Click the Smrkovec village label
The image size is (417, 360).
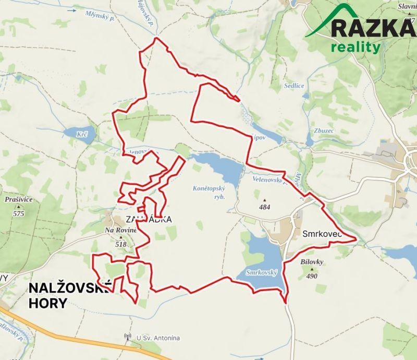[x=321, y=235]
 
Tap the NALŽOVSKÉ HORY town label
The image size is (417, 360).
[x=68, y=295]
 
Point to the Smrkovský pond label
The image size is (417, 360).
[x=260, y=272]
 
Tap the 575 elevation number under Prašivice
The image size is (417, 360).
[x=19, y=213]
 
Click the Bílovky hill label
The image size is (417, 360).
[x=313, y=262]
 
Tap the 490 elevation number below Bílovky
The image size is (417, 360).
[x=312, y=276]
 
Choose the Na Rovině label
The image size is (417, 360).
[x=121, y=230]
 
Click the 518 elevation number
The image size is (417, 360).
[x=121, y=244]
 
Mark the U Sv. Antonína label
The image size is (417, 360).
[x=158, y=338]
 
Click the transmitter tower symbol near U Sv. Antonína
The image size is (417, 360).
[x=127, y=338]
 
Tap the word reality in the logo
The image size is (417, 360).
[x=355, y=47]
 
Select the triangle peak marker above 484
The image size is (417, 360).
[x=265, y=200]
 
